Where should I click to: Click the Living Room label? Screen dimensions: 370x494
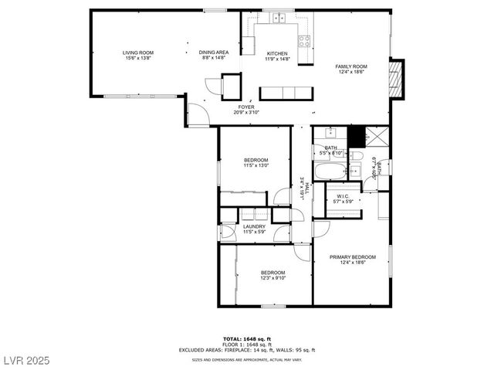[137, 53]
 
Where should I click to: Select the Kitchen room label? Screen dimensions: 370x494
[277, 54]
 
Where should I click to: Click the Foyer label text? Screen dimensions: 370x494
[246, 107]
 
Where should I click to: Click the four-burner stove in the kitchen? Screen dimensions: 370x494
[304, 40]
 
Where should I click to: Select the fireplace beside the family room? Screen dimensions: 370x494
[397, 79]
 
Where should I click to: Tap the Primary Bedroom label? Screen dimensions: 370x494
[352, 257]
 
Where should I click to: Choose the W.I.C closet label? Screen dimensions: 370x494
[343, 196]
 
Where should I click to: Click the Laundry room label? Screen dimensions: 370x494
[254, 226]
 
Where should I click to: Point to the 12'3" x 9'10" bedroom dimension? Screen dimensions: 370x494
[272, 278]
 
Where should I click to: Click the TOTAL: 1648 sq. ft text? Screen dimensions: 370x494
[246, 338]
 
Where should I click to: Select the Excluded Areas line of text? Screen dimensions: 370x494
[246, 350]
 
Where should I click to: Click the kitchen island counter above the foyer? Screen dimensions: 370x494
[286, 93]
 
